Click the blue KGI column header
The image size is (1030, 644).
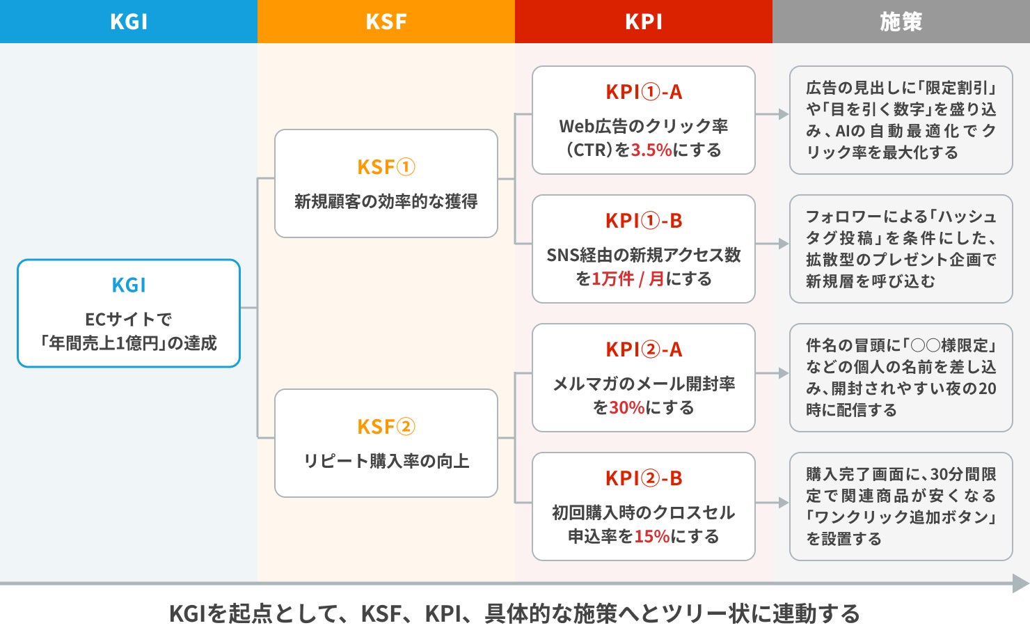click(129, 22)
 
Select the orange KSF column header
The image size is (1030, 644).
click(386, 22)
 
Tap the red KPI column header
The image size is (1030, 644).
click(644, 22)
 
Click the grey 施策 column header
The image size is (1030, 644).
click(901, 22)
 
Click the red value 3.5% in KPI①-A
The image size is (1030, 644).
click(651, 150)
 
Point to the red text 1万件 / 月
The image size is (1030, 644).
click(628, 278)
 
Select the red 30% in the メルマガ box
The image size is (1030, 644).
click(627, 407)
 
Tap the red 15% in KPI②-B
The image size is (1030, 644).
click(652, 536)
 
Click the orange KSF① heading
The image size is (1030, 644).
click(386, 167)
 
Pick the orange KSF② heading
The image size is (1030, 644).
click(386, 426)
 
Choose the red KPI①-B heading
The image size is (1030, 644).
click(644, 221)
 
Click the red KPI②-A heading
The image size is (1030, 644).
click(644, 350)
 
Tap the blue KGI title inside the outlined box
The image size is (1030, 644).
click(129, 285)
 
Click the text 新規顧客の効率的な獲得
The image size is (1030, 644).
click(386, 201)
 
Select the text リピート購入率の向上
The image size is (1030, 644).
click(386, 461)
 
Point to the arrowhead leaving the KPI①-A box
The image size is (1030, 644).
click(784, 114)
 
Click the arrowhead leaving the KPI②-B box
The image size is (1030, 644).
click(784, 503)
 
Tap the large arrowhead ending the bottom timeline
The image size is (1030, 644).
click(1021, 583)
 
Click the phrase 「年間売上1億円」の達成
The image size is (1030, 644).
click(129, 343)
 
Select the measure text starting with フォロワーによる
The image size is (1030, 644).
click(901, 249)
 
